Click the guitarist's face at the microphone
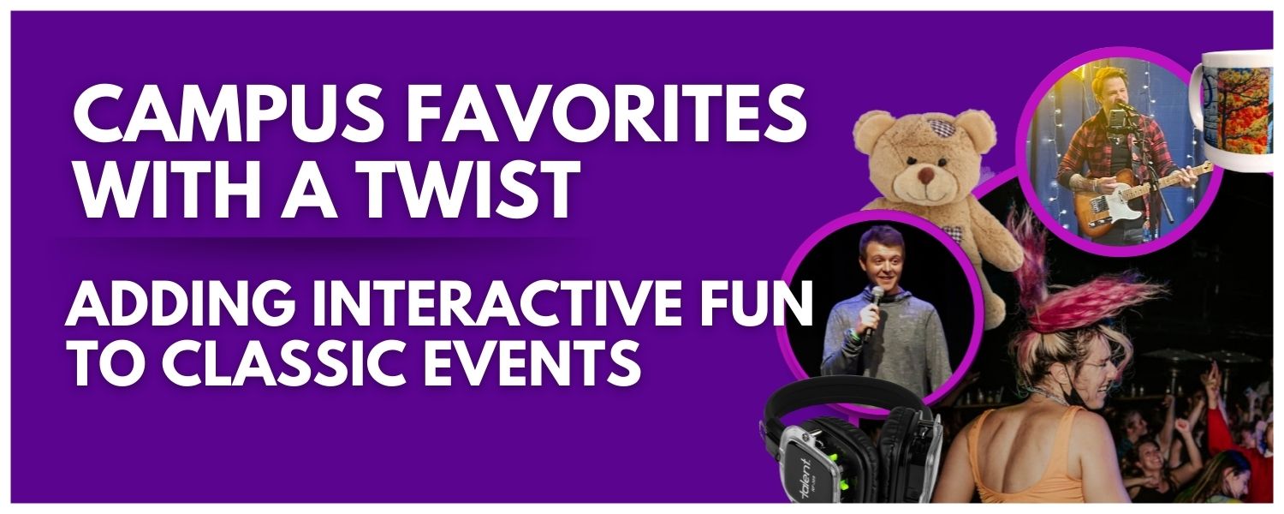click(1109, 94)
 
